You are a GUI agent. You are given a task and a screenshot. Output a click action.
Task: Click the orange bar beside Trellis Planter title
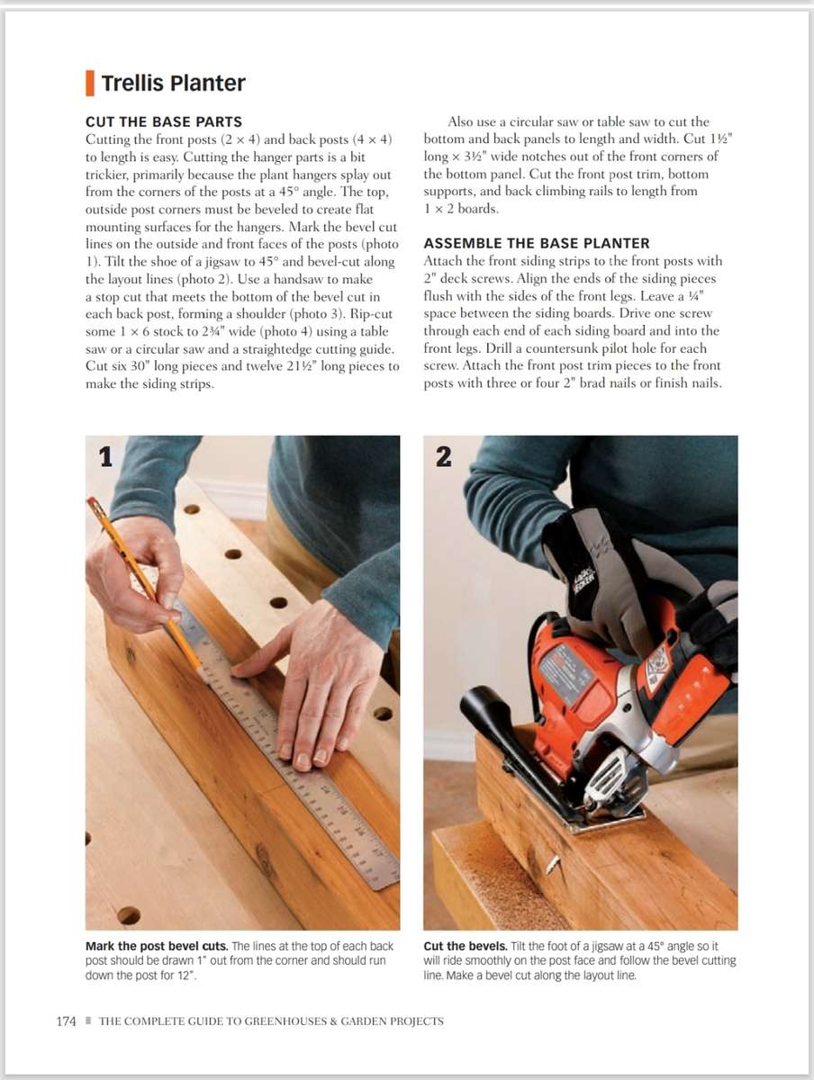(89, 83)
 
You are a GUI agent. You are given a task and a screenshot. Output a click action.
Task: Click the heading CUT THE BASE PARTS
(163, 121)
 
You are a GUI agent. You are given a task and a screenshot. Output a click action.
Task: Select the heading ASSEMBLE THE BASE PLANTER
(536, 243)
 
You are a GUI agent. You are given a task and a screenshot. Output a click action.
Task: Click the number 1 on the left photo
(105, 457)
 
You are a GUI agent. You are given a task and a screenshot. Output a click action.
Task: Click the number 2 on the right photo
(443, 457)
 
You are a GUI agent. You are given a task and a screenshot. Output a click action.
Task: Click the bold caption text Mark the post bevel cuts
(157, 946)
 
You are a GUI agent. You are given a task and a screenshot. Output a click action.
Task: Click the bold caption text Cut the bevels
(466, 946)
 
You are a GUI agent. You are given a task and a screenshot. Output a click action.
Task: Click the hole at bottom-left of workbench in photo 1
(128, 915)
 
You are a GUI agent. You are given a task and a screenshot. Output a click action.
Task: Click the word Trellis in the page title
(134, 83)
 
